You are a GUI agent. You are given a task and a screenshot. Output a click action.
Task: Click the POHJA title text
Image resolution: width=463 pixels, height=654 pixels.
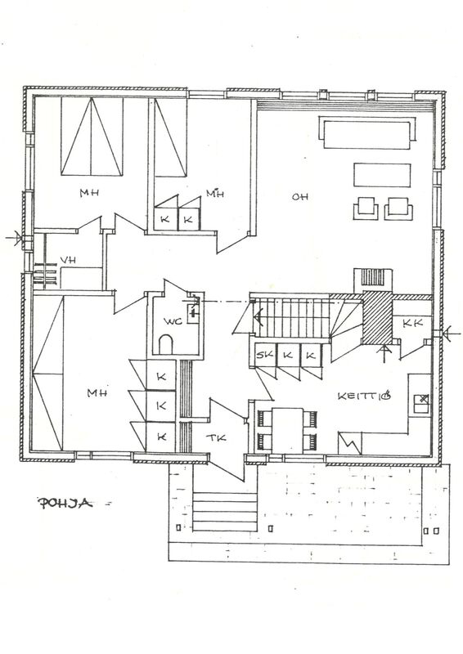point(65,503)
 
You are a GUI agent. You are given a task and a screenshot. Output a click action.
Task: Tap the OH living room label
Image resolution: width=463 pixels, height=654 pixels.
point(299,196)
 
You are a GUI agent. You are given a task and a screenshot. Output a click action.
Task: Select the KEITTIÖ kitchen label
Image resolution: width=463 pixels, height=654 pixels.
point(364,396)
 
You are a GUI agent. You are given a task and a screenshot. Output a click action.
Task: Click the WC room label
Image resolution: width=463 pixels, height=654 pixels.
point(173,321)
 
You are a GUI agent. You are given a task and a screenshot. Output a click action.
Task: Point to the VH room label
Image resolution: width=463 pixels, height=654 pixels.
point(68,260)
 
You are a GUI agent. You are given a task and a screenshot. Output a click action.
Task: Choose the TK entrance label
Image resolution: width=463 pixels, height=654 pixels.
point(216,437)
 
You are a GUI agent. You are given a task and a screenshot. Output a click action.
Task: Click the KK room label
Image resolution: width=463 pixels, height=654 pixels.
point(412,323)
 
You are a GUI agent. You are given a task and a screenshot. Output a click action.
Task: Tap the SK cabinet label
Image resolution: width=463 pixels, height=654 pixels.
point(264,355)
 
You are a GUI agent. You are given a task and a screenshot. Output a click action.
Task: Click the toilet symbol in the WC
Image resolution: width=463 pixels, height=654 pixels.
point(166,344)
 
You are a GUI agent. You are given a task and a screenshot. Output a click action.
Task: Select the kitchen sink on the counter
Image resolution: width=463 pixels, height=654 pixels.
point(420,403)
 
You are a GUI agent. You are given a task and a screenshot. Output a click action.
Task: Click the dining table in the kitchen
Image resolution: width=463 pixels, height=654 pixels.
point(287,431)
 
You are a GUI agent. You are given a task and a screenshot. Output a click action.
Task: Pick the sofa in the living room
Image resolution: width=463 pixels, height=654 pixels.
point(367,132)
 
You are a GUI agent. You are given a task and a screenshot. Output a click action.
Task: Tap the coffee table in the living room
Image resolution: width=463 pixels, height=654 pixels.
point(382,175)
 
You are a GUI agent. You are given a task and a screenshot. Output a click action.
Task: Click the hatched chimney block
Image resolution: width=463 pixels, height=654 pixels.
point(377,317)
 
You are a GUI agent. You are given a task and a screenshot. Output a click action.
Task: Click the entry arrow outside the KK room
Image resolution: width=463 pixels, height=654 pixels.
point(450,334)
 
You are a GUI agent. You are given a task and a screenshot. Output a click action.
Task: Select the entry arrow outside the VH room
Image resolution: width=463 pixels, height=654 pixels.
point(15,238)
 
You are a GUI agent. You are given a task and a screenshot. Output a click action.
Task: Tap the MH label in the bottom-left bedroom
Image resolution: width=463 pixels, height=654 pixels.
point(97,393)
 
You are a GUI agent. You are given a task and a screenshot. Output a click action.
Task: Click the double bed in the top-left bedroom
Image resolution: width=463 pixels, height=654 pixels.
point(92,137)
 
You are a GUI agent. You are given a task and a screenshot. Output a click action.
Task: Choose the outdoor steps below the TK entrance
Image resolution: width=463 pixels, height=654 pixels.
point(225,512)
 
